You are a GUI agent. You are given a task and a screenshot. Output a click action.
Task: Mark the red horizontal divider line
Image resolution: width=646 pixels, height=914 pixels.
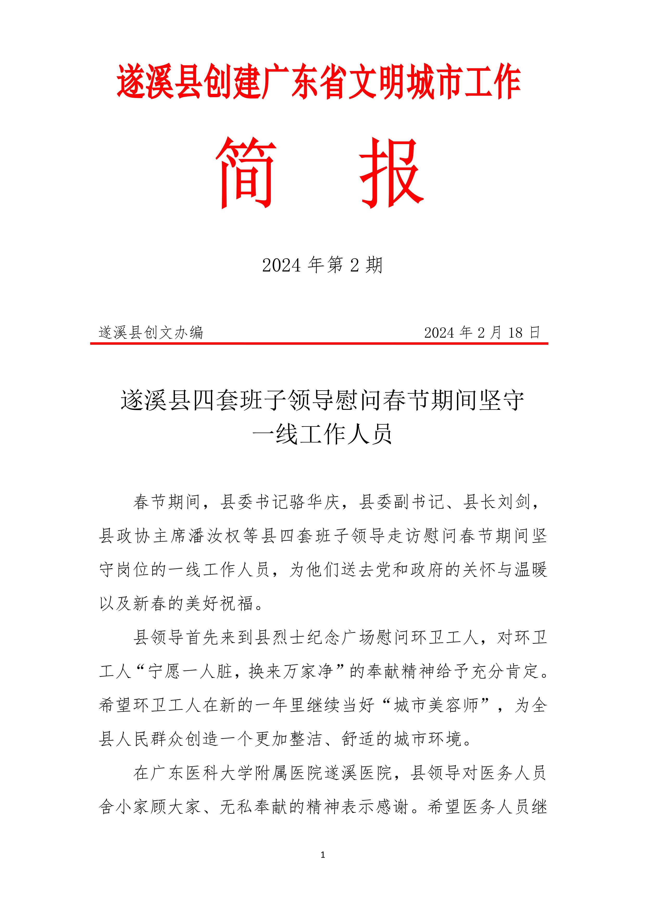tap(319, 343)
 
